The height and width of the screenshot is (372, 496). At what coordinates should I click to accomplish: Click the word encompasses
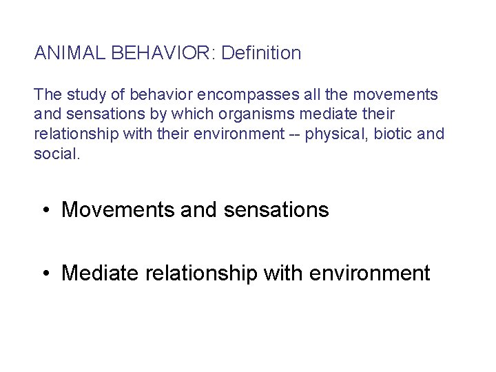click(229, 94)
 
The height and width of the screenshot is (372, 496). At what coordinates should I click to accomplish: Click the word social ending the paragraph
click(56, 154)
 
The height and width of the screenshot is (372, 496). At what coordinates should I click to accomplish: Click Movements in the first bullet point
click(118, 209)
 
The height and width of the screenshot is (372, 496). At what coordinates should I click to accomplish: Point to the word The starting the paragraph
click(46, 94)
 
